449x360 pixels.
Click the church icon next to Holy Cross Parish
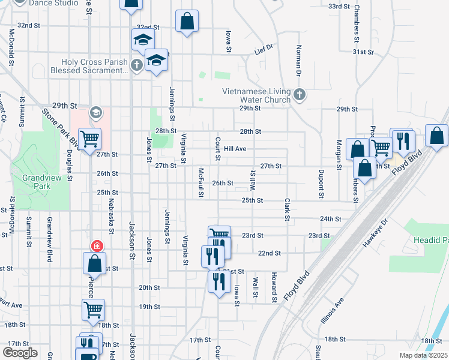tap(137, 65)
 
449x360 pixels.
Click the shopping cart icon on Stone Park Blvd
tap(89, 140)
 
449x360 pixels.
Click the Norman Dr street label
tap(298, 61)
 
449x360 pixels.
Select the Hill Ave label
tap(235, 149)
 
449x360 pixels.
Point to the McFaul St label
tap(202, 182)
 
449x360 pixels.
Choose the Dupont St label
tap(322, 183)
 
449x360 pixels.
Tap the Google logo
tap(20, 352)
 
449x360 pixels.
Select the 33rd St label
tap(339, 6)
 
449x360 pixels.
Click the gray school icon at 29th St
tap(95, 112)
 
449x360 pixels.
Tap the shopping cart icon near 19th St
tap(93, 310)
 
